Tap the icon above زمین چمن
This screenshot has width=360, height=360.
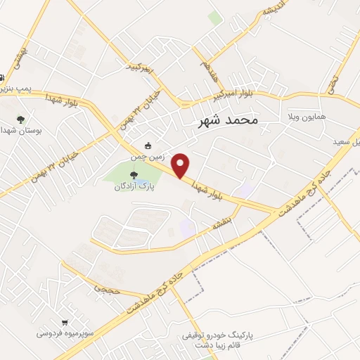(x=148, y=137)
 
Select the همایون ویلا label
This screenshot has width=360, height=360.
(x=303, y=114)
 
